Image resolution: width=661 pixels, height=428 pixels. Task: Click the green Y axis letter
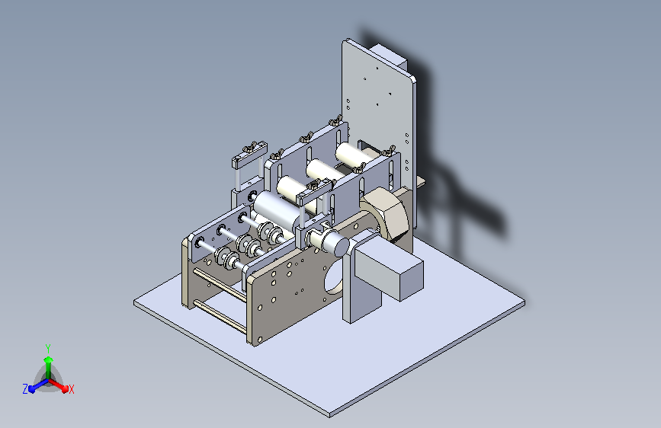(x=47, y=347)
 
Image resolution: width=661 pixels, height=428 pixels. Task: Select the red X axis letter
(x=71, y=389)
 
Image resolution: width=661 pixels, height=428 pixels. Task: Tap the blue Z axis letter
(x=25, y=388)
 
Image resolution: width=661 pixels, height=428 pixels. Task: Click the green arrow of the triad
(x=47, y=359)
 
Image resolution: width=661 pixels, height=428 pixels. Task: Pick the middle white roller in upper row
(x=322, y=171)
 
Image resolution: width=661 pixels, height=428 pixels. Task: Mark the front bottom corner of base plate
(x=329, y=416)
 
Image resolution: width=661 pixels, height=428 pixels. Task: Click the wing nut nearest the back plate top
(x=334, y=120)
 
